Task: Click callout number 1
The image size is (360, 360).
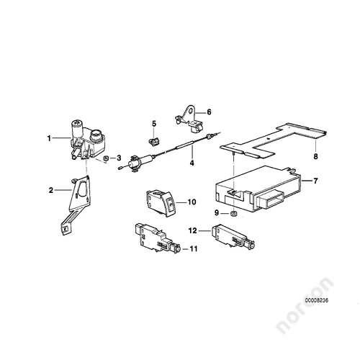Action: (49, 138)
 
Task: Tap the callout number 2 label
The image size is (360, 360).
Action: (51, 190)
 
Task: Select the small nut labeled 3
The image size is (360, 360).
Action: (105, 158)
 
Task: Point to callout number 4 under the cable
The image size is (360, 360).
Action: (192, 163)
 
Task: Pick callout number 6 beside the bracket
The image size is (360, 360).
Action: (209, 112)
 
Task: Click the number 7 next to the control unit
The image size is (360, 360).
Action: (315, 181)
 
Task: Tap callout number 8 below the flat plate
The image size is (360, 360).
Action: (315, 156)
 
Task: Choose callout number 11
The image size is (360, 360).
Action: (193, 249)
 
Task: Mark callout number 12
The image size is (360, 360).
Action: (193, 230)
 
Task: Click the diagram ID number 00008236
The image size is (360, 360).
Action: (317, 300)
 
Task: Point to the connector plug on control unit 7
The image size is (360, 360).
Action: (270, 197)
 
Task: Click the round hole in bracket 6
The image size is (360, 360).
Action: (191, 112)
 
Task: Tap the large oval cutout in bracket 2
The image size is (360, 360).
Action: (82, 189)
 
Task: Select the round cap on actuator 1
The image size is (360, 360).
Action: (96, 133)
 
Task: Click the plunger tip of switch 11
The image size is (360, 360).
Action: (177, 249)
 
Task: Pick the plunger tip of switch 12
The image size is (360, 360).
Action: (252, 246)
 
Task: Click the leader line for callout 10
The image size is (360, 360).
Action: (181, 203)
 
